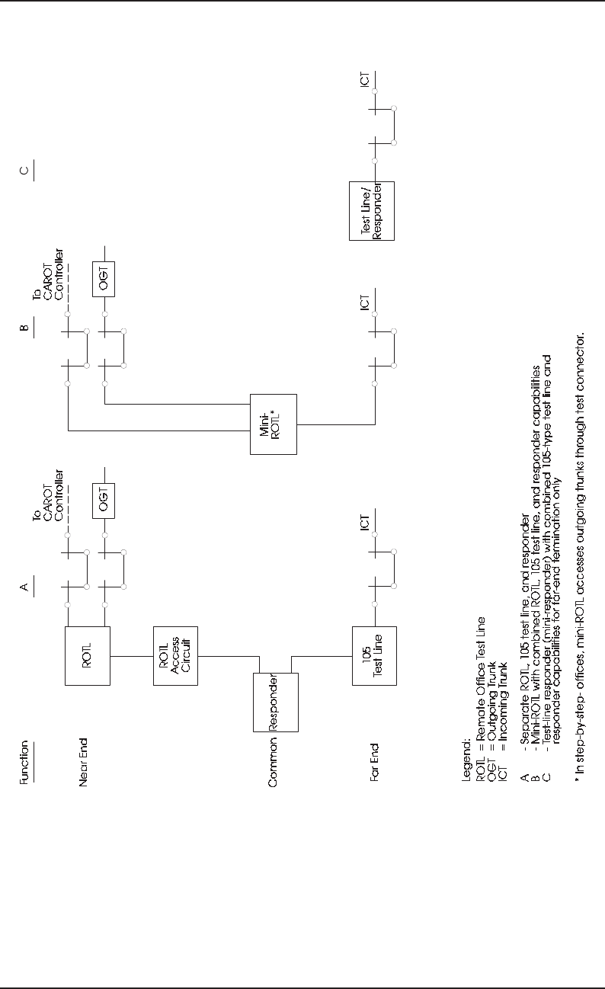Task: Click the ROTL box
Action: pos(88,655)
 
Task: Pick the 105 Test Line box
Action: pos(374,655)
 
